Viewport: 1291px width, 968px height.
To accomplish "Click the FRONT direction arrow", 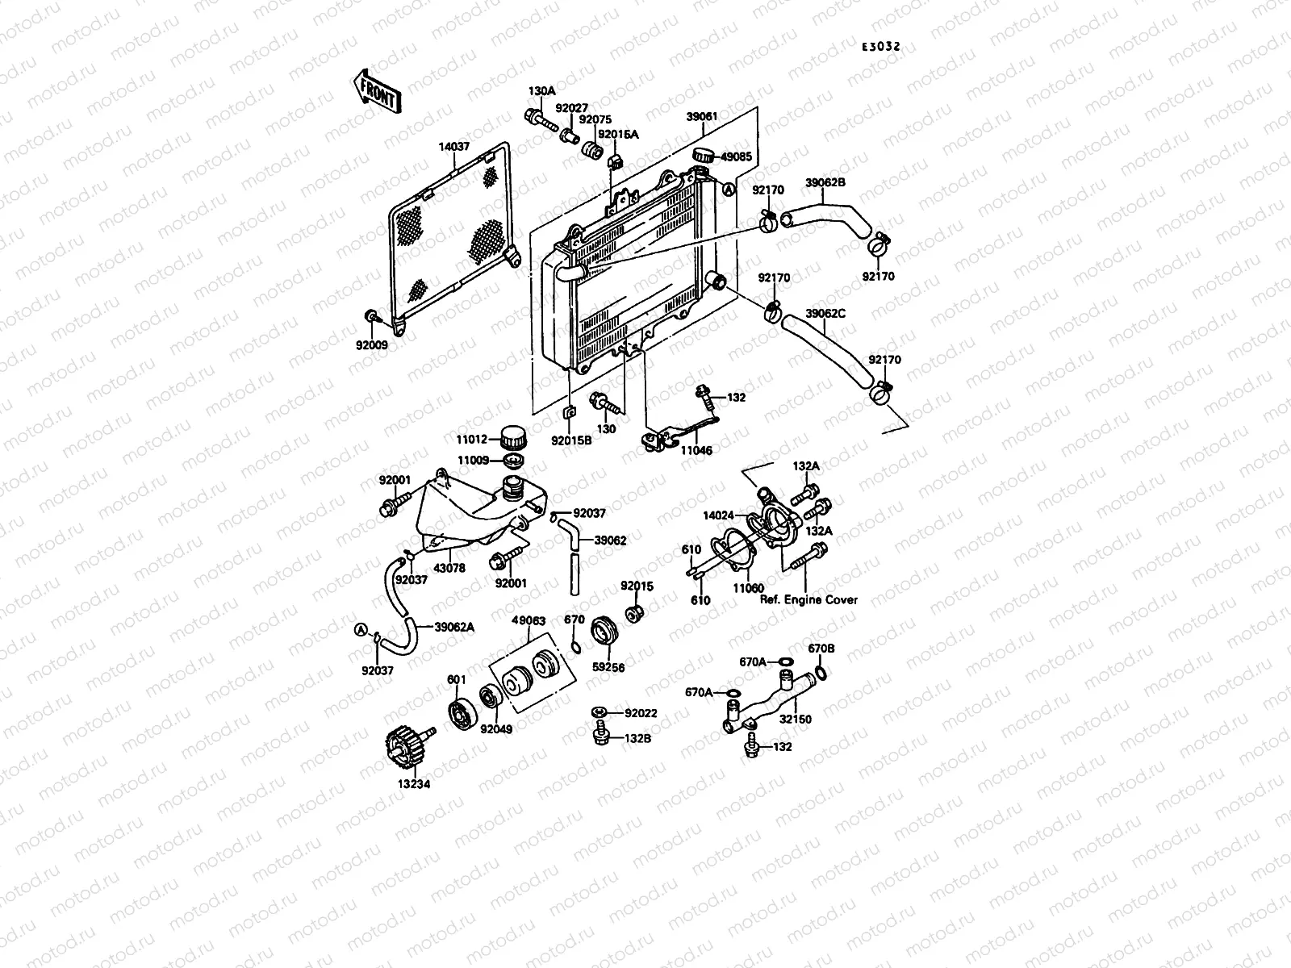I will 375,90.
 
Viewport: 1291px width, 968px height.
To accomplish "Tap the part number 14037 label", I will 454,148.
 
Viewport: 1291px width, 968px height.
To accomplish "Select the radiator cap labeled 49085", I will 704,155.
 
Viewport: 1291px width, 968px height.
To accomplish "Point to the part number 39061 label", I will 701,117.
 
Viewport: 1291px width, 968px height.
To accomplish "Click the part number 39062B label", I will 825,182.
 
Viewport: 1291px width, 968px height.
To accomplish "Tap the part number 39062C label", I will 825,314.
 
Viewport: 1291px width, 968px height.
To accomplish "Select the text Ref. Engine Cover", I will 808,600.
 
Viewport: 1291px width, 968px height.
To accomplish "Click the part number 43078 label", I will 449,568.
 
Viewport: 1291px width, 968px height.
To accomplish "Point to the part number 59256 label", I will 608,668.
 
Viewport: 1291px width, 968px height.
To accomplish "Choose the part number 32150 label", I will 796,719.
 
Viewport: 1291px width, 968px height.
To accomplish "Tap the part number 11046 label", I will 696,452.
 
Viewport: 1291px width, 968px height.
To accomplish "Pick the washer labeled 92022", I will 599,711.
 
